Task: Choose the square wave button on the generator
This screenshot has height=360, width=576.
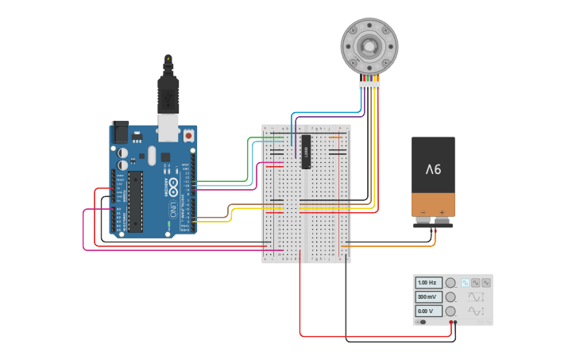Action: [x=465, y=283]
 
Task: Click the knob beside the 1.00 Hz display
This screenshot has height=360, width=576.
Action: [x=450, y=283]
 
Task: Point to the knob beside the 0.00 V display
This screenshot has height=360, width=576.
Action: [x=450, y=311]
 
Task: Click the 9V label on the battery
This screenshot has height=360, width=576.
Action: [x=433, y=168]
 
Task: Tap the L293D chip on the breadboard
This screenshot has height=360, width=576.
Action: [x=305, y=151]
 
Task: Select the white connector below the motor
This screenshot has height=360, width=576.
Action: [x=369, y=84]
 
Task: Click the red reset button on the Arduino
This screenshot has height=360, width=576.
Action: [x=188, y=135]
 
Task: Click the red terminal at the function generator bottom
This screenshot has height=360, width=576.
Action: [x=450, y=323]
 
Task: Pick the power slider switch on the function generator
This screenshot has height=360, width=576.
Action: [x=421, y=322]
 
